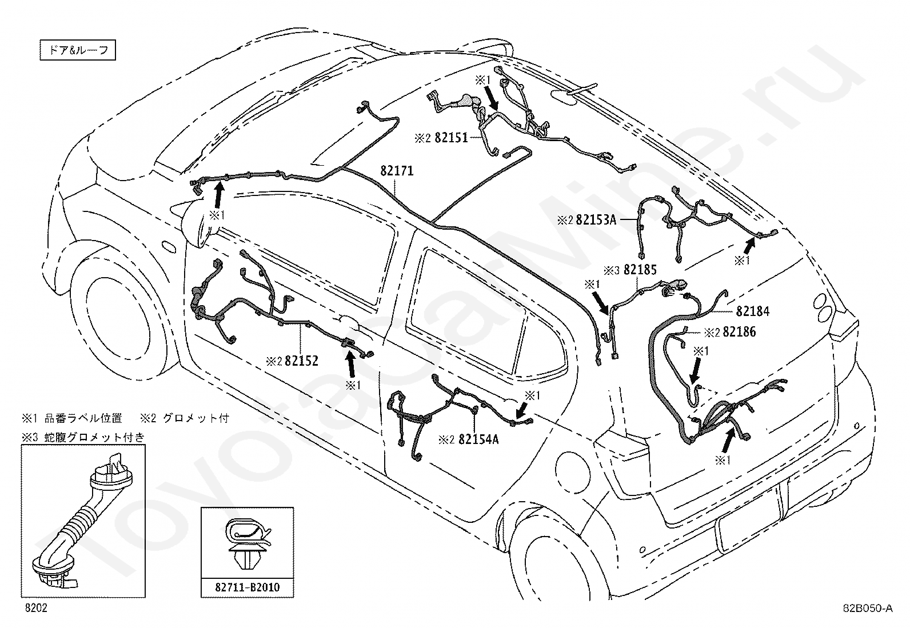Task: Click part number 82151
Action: [452, 138]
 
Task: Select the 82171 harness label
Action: [397, 171]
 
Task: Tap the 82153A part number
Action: [596, 220]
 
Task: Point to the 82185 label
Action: [640, 269]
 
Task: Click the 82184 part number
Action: [753, 311]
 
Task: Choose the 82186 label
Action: [740, 332]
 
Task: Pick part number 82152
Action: [301, 361]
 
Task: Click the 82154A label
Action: [478, 439]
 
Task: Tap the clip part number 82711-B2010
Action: [248, 587]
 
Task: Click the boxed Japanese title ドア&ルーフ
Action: [78, 50]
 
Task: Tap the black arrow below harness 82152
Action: [350, 363]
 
